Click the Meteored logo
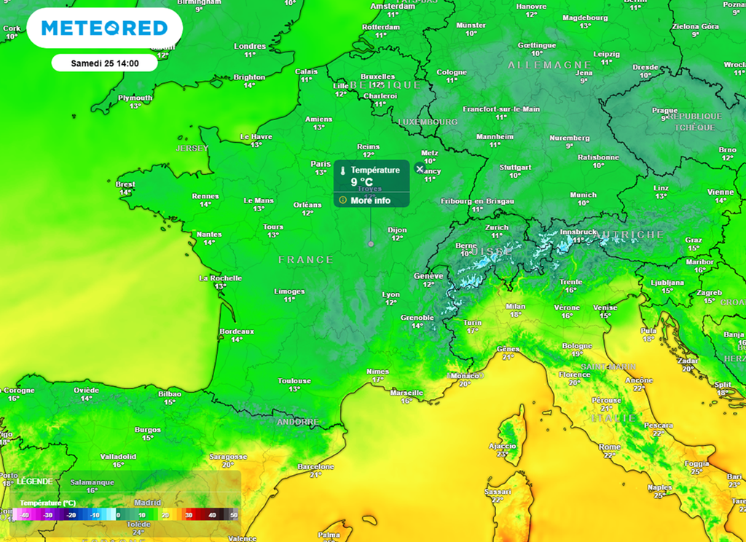[104, 28]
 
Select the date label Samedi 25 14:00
[104, 63]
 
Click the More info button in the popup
[370, 200]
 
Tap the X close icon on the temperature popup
[419, 168]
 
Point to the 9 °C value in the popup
[362, 182]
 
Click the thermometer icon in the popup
[343, 170]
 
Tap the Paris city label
[321, 164]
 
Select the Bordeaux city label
[237, 331]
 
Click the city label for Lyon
[391, 295]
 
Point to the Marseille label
[407, 393]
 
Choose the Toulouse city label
[294, 381]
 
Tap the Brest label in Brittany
[125, 184]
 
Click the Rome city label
[610, 447]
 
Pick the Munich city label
[583, 195]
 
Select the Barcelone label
[315, 466]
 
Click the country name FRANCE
[305, 260]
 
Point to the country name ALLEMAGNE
[539, 65]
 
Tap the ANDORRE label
[298, 422]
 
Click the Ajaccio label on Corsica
[502, 446]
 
